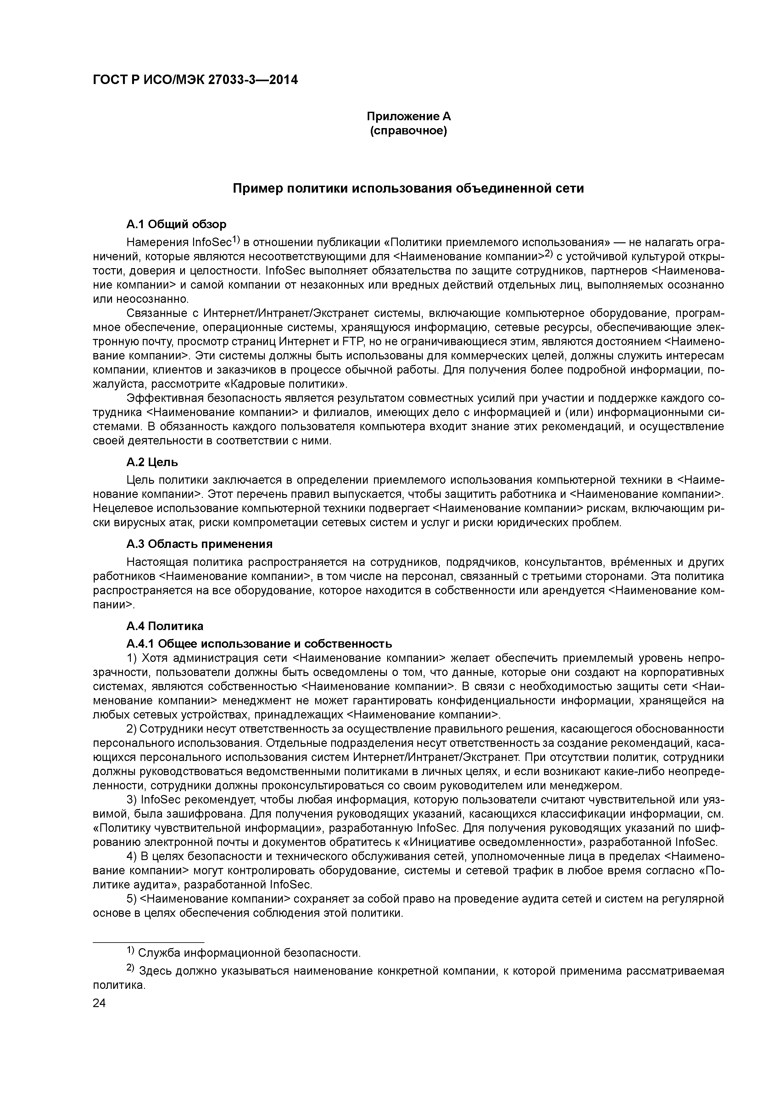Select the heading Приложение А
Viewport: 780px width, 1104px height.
click(409, 116)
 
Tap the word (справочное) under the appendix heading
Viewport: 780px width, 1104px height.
click(409, 131)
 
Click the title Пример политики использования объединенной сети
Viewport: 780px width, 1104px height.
click(409, 189)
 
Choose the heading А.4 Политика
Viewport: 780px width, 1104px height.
click(165, 626)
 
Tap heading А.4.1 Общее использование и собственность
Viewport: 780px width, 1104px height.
click(259, 643)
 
